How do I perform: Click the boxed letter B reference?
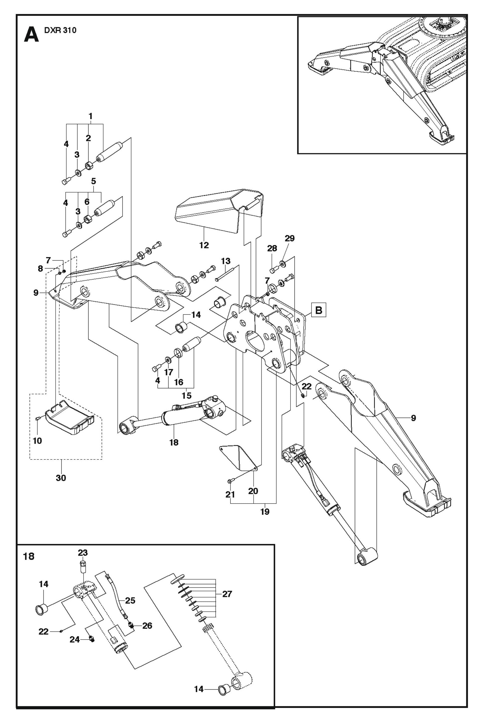pos(318,310)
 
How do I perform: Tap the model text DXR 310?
pos(60,30)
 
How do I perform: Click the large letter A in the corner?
pos(31,35)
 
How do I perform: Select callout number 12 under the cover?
pos(204,245)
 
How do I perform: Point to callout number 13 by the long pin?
pos(226,261)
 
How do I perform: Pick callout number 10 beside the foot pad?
pos(37,441)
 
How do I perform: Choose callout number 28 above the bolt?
pos(272,248)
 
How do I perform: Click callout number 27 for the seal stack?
pos(227,594)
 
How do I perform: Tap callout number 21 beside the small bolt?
pos(230,495)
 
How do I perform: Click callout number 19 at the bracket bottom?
pos(265,512)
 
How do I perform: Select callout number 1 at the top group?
pos(91,116)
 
